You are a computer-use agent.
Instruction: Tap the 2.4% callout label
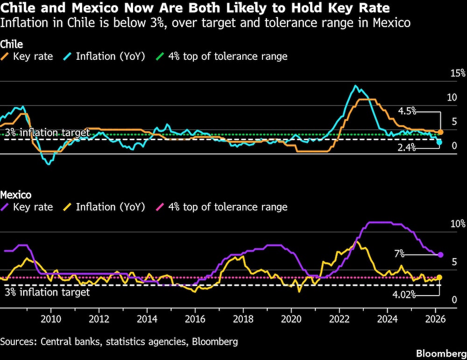(x=407, y=148)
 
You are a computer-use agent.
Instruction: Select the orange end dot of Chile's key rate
(x=440, y=133)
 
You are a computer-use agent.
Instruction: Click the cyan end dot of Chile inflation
(x=439, y=142)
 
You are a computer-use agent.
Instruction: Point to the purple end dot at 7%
(x=440, y=255)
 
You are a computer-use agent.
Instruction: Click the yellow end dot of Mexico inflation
(x=439, y=277)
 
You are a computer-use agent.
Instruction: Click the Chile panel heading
(x=12, y=44)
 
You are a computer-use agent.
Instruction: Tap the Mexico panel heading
(x=15, y=195)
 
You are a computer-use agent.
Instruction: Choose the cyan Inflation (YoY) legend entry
(x=105, y=56)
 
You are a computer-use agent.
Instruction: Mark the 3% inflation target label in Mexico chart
(x=47, y=293)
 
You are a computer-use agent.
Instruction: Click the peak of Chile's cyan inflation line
(x=356, y=86)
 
